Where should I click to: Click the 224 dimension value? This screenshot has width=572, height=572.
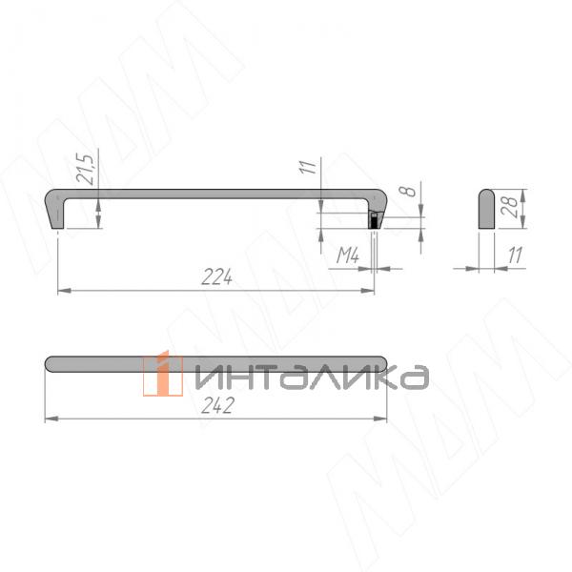coord(218,277)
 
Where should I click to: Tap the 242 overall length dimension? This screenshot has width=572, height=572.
coord(218,404)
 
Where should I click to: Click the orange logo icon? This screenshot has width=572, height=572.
coord(163,374)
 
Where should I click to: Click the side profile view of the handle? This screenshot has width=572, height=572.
coord(486,210)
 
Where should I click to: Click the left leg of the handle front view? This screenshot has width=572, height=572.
coord(55,211)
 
